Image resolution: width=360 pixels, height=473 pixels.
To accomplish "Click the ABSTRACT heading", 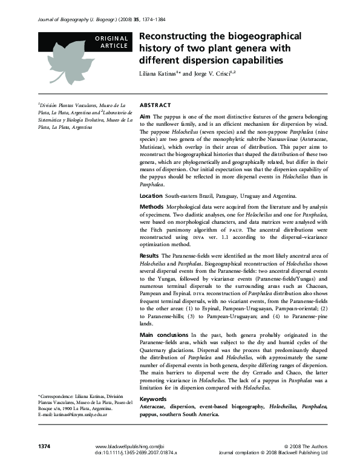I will click(155, 105).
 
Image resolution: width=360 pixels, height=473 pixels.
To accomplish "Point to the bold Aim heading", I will click(145, 116).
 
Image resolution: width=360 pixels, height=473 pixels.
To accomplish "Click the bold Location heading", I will click(151, 196).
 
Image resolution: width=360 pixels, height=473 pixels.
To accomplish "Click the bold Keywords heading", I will click(154, 399).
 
